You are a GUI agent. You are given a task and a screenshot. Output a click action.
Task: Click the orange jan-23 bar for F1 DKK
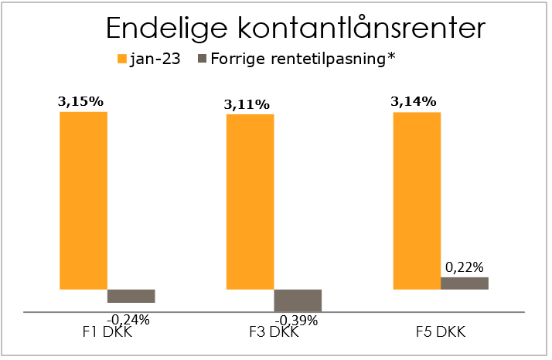click(x=83, y=201)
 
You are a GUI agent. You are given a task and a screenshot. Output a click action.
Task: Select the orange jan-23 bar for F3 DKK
click(x=250, y=202)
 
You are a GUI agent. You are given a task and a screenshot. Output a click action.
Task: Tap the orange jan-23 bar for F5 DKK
click(x=417, y=201)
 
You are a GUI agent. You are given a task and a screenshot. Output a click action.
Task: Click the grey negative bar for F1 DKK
click(x=131, y=296)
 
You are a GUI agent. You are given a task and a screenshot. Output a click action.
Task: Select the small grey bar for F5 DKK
click(x=465, y=284)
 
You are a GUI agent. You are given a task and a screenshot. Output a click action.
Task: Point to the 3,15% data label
click(x=80, y=101)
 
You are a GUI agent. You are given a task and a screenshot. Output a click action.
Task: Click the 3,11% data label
click(x=247, y=104)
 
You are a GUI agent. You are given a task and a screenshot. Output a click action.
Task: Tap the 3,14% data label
click(x=414, y=101)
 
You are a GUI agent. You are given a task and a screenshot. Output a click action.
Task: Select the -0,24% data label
click(x=128, y=318)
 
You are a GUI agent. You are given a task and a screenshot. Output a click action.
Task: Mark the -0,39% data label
click(x=296, y=320)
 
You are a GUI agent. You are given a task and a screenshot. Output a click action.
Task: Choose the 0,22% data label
click(x=464, y=267)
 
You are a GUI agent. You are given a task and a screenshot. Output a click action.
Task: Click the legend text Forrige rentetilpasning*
click(x=303, y=59)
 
